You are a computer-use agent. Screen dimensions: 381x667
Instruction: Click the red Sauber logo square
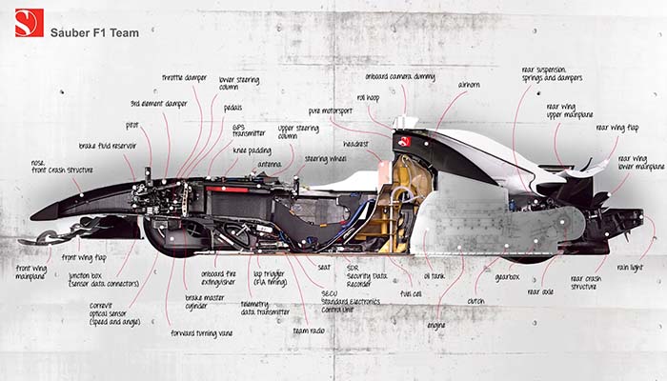[x=30, y=23]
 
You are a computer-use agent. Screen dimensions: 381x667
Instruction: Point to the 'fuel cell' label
[x=411, y=294]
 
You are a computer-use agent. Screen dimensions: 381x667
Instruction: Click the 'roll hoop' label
[x=370, y=97]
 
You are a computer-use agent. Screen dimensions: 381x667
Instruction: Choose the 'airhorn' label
[x=469, y=85]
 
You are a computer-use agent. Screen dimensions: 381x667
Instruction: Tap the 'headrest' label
[x=355, y=144]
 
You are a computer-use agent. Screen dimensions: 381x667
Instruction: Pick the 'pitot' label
[x=132, y=125]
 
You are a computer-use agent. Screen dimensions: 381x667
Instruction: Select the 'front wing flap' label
[x=84, y=257]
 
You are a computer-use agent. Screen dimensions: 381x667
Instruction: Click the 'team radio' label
[x=309, y=331]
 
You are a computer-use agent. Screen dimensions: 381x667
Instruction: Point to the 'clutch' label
[x=476, y=301]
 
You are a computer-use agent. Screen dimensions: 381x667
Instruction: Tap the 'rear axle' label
[x=539, y=292]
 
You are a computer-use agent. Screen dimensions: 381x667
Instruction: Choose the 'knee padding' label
[x=252, y=151]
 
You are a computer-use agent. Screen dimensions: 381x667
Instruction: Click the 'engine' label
[x=436, y=326]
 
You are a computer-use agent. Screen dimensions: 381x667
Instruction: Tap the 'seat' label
[x=324, y=268]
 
